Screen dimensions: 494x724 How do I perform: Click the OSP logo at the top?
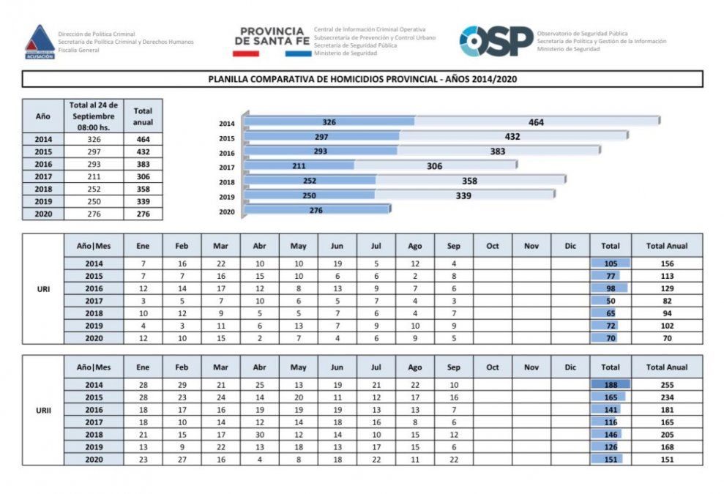point(496,41)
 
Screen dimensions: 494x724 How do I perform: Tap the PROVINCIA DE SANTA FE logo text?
point(272,37)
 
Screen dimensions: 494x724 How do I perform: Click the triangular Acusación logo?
point(40,42)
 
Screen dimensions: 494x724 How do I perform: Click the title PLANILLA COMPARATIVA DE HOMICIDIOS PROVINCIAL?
point(362,79)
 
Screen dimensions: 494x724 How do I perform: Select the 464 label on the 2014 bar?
point(536,122)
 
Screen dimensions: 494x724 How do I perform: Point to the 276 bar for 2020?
point(316,210)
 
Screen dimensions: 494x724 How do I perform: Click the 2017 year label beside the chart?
point(226,168)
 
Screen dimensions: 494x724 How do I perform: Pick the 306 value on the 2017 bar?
point(434,166)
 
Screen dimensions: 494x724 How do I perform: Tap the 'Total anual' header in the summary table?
point(143,116)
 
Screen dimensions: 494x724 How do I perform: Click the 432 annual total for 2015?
point(143,151)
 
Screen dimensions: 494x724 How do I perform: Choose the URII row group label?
point(43,410)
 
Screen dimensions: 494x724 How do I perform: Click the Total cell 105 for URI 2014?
point(609,263)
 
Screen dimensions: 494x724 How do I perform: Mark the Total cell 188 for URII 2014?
point(609,384)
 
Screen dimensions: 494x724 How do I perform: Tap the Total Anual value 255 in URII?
point(666,384)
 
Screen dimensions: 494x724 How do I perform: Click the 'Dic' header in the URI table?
point(570,246)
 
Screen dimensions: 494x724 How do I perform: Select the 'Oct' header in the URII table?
point(493,367)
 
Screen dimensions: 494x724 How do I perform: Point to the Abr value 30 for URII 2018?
point(259,434)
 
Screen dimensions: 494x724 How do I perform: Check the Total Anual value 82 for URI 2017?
point(666,301)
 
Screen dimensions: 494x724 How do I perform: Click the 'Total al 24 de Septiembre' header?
point(94,116)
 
